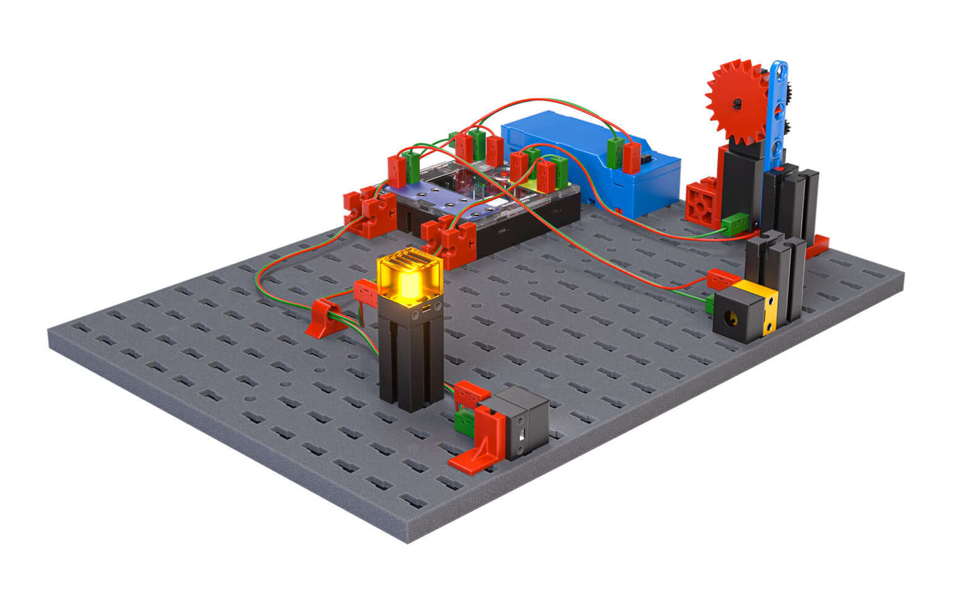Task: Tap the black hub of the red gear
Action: [737, 103]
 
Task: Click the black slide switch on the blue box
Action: [647, 160]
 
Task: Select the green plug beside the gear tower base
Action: [736, 223]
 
